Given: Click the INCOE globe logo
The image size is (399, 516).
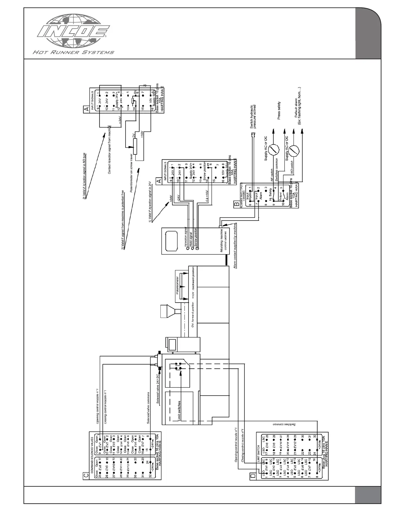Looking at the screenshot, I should click(x=74, y=33).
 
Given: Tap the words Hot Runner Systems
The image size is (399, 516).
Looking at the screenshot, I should click(x=73, y=52).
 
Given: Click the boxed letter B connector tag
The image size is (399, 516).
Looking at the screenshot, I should click(x=236, y=204).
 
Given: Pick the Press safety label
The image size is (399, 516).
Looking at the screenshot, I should click(x=279, y=111).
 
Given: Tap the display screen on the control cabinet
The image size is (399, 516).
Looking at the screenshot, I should click(x=171, y=241).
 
